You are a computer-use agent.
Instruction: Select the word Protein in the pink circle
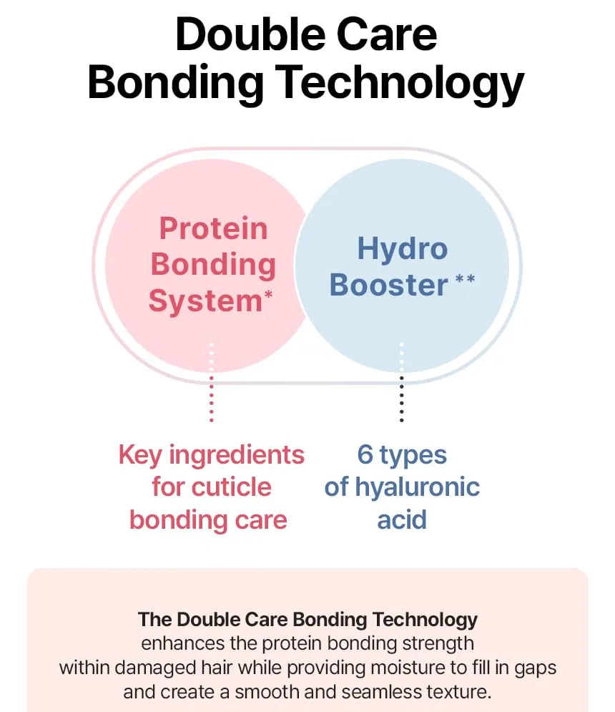coord(213,228)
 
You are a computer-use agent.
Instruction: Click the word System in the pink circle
coord(206,301)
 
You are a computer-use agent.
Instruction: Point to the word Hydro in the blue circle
coord(403,249)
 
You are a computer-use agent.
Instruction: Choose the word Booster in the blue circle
coord(389,286)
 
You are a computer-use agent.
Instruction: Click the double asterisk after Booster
coord(466,278)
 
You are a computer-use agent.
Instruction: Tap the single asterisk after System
coord(268,294)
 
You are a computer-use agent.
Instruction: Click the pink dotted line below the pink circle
coord(211,382)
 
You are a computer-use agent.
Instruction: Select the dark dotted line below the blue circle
coord(401,382)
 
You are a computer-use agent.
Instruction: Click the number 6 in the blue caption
coord(365,454)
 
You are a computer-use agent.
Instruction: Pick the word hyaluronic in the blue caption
coord(417,488)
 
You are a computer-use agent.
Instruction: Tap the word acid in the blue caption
coord(402,520)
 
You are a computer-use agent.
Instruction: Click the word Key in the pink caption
coord(139,455)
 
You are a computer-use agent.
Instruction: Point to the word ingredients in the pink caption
coord(237,455)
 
